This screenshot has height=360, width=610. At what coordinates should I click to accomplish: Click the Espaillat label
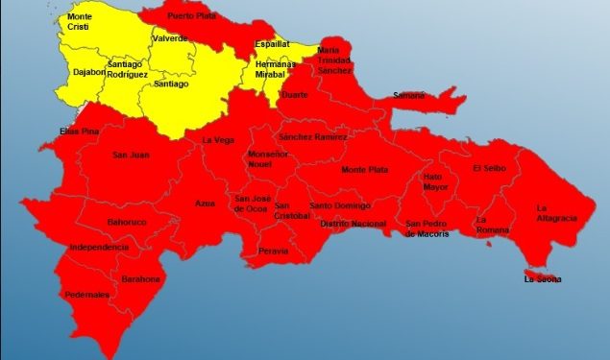(274, 44)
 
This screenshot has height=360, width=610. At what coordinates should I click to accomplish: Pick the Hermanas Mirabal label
(276, 68)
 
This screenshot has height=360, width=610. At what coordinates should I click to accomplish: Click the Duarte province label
(294, 94)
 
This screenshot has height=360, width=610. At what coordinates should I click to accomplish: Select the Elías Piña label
(53, 131)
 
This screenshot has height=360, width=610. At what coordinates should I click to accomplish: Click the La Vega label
(217, 140)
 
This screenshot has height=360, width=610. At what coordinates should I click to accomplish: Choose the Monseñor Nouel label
(268, 159)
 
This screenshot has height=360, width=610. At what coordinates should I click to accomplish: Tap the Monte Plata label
(365, 170)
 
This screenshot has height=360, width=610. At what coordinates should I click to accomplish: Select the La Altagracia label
(556, 212)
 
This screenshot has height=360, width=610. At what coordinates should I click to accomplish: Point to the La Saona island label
(543, 279)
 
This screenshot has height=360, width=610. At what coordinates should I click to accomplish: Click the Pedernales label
(87, 295)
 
